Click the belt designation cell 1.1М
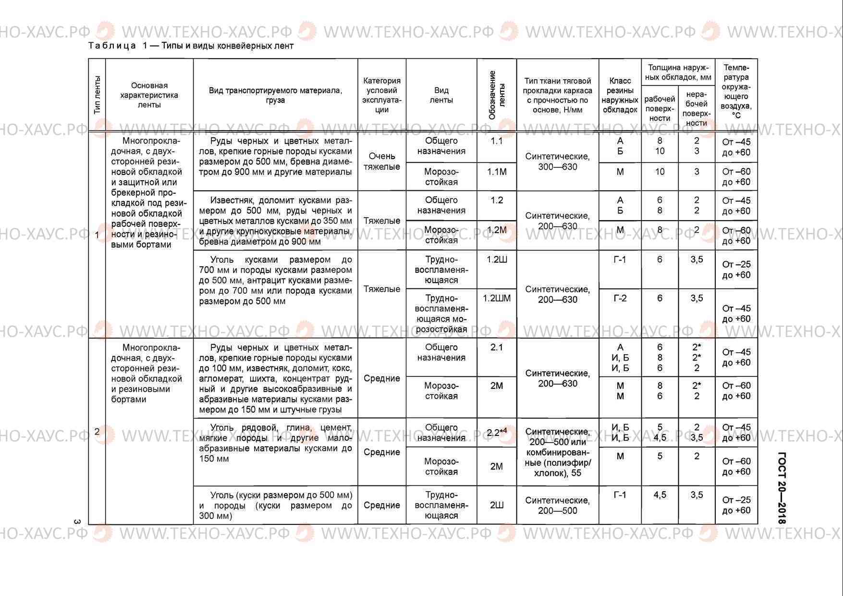click(497, 172)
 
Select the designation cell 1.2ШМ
click(497, 298)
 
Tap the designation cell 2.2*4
click(497, 433)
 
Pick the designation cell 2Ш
click(497, 505)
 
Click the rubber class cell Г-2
click(620, 298)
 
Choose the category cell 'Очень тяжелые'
click(382, 161)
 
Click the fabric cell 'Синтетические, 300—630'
click(557, 161)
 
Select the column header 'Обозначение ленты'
click(497, 95)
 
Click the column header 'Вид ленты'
click(441, 95)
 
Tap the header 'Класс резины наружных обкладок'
click(620, 95)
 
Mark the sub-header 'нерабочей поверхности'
click(696, 109)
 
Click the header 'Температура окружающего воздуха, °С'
click(736, 91)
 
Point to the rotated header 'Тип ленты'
click(97, 95)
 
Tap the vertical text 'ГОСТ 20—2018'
click(782, 488)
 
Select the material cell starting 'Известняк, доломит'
click(275, 221)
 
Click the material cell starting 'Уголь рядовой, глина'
click(275, 443)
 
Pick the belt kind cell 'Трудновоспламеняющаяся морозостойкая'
click(441, 313)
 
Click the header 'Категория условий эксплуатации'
click(382, 95)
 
